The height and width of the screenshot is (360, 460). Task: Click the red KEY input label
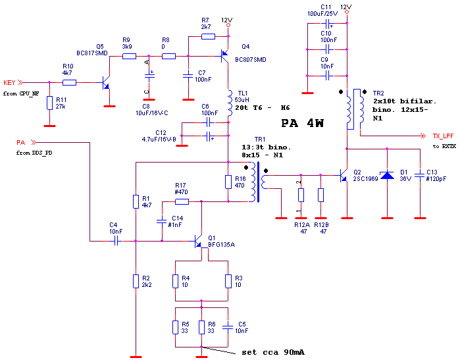[9, 83]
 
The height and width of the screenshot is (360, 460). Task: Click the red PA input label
[20, 142]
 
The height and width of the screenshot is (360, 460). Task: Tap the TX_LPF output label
[443, 136]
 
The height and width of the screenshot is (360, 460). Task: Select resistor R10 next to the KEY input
[69, 83]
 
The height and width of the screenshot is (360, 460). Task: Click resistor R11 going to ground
[49, 103]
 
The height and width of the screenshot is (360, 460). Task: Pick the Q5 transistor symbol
[106, 83]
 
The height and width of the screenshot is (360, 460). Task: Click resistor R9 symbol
[130, 56]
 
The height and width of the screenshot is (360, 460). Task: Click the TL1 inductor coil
[229, 101]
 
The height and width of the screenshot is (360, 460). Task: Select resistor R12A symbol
[301, 195]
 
